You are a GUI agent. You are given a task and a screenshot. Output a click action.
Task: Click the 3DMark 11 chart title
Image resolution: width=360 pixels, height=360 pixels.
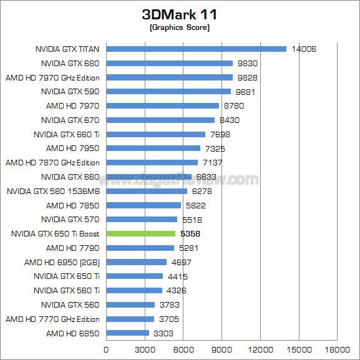[x=180, y=14]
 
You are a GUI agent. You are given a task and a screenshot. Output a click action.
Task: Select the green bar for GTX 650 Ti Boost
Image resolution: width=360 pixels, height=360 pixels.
[x=140, y=234]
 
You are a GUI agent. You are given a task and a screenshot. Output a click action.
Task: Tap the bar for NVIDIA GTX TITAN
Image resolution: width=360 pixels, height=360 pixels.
[x=196, y=49]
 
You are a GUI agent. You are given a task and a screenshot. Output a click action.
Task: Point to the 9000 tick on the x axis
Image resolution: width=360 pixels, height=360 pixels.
[x=221, y=349]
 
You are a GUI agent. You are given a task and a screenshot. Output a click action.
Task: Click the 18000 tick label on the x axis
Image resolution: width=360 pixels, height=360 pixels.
[x=337, y=349]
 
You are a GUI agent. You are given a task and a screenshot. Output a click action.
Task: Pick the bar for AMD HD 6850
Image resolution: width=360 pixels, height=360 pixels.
[x=127, y=334]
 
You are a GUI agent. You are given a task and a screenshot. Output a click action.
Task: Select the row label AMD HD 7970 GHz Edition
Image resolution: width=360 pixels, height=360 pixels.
[x=52, y=77]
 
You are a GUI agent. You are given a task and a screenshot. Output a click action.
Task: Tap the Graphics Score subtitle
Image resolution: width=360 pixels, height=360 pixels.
[x=180, y=27]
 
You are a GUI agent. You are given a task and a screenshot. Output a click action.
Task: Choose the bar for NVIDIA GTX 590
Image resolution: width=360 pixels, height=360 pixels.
[x=168, y=92]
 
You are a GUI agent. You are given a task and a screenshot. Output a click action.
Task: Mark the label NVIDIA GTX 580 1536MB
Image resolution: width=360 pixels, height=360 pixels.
[x=53, y=191]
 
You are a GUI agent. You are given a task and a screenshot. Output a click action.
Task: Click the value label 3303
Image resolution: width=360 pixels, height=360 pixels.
[x=163, y=334]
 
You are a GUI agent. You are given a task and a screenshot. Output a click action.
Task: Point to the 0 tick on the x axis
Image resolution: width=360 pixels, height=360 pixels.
[x=106, y=349]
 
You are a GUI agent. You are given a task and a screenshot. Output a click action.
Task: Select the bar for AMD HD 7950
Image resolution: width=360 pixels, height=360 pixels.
[x=153, y=148]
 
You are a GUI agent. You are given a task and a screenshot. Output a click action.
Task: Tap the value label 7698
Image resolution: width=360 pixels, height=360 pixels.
[x=220, y=134]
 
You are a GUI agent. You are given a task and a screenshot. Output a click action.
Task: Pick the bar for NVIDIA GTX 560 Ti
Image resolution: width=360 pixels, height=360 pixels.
[x=134, y=291]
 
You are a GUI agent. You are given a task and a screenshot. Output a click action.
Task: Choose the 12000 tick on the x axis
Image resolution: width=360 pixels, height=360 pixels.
[x=260, y=349]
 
